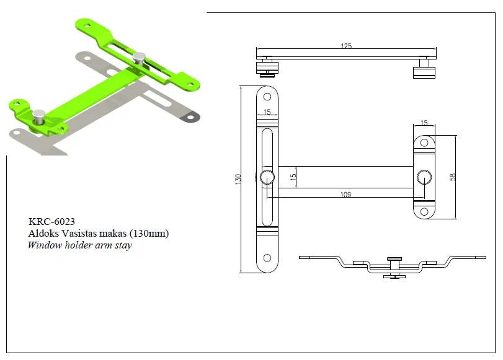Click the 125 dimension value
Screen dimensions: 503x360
pyautogui.click(x=346, y=46)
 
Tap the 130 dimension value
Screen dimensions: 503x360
pyautogui.click(x=238, y=179)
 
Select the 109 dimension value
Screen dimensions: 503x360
pyautogui.click(x=345, y=195)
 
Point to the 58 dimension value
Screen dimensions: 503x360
pyautogui.click(x=452, y=177)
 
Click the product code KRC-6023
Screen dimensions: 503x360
pyautogui.click(x=51, y=221)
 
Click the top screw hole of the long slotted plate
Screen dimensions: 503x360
pyautogui.click(x=267, y=97)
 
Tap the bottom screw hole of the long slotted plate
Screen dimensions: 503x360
pyautogui.click(x=267, y=258)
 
